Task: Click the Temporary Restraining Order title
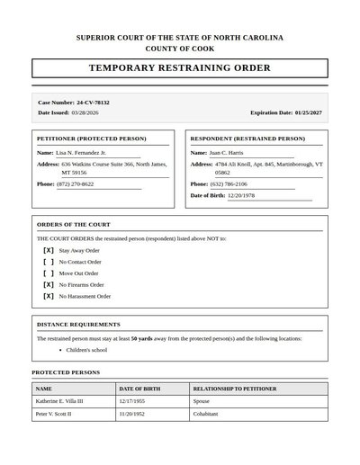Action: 180,68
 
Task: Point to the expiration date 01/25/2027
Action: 308,113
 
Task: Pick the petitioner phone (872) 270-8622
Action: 75,183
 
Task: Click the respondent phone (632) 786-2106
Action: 229,183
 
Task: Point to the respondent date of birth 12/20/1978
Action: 241,195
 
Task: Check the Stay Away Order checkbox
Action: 49,250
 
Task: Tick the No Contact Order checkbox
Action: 49,262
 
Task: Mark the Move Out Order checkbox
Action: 49,273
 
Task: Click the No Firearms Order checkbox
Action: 49,284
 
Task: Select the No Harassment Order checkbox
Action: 49,296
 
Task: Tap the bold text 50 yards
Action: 141,338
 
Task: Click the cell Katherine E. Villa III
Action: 59,401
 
